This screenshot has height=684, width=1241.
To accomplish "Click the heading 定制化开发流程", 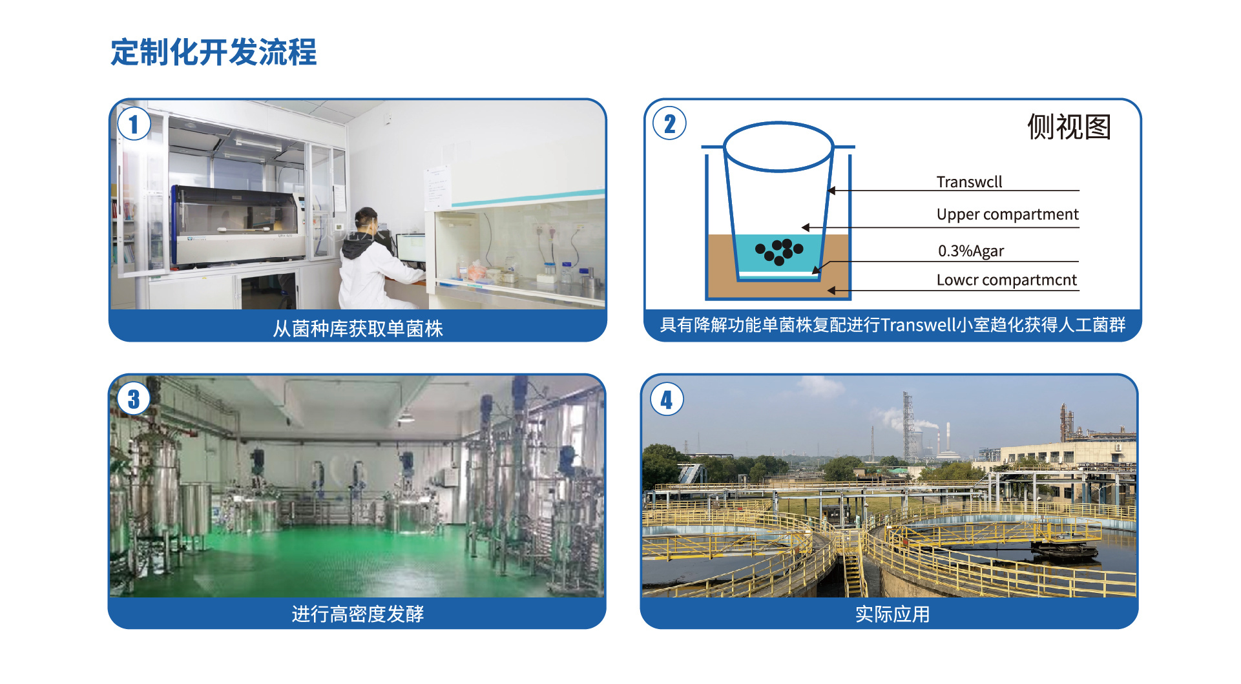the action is coord(213,52).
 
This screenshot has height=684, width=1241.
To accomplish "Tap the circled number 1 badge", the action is coord(134,124).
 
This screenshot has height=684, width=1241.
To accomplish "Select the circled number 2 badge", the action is coord(669,123).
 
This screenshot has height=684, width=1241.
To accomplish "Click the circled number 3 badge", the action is coord(134,399).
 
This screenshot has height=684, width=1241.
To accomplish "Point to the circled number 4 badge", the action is coord(667,399).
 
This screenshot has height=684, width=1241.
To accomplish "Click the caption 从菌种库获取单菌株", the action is coord(358,329).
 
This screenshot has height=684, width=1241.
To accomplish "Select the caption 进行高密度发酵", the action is coord(358,614).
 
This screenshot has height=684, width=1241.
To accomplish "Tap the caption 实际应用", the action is coord(892,614).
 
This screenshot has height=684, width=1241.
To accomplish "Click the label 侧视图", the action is coord(1069,127).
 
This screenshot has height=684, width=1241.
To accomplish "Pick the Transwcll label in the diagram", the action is coord(969,181).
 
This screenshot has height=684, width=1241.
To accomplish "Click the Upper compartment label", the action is coord(1007,214).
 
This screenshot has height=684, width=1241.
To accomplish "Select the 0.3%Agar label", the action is coord(971,251).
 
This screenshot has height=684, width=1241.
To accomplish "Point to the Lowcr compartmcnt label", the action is coord(1006,280).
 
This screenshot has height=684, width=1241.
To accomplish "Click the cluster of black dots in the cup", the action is coord(779,251).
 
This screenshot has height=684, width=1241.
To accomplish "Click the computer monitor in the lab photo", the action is coord(412,249).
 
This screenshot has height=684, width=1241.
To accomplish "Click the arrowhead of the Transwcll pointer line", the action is coord(832,191).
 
